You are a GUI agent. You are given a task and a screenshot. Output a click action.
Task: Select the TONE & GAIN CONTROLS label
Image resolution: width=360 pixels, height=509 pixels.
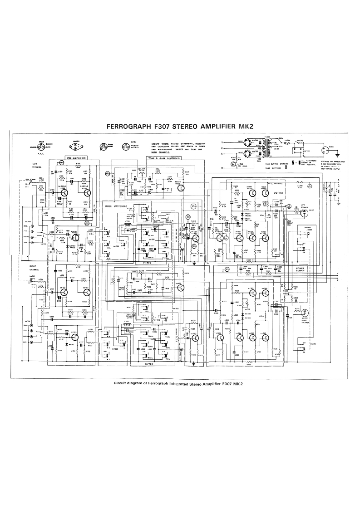click(x=163, y=158)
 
